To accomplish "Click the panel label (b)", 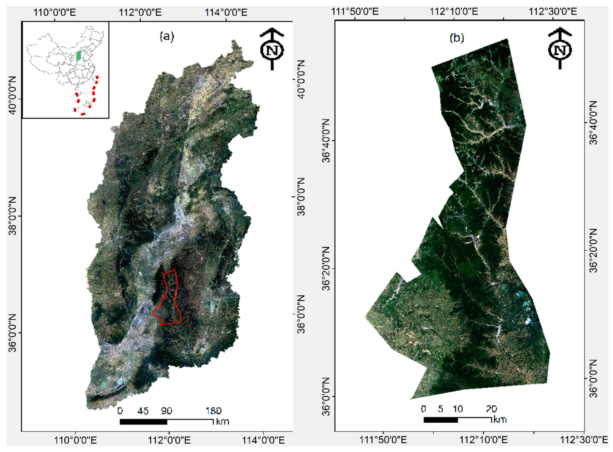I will click(457, 38).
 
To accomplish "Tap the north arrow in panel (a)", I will click(272, 49).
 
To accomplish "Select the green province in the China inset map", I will click(79, 56).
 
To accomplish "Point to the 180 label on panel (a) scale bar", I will click(213, 411).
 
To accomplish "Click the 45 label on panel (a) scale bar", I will click(143, 411).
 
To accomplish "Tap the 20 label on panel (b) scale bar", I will click(491, 409).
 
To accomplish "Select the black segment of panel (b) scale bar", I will click(441, 420).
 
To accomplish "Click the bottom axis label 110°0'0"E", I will click(75, 440).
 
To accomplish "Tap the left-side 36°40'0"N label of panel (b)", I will click(326, 140).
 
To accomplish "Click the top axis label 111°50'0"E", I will click(355, 12).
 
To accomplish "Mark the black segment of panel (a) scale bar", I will click(143, 422).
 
